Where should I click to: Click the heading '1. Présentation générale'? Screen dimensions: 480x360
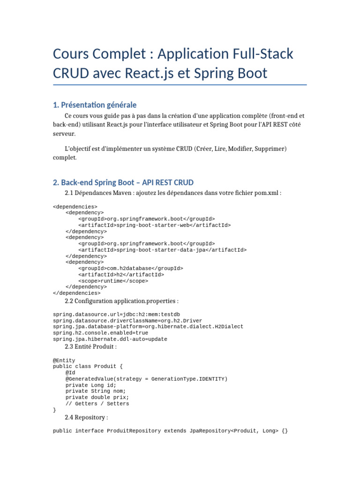pos(95,105)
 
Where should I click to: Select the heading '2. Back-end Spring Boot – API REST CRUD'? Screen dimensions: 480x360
pos(123,182)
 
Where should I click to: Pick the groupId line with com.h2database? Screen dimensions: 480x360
pos(131,268)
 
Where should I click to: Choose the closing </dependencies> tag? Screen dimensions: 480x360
pos(77,293)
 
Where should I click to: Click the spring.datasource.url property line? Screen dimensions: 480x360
pos(110,314)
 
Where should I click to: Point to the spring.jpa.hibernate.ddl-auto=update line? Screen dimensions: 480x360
pos(110,339)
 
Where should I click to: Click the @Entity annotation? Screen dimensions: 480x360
pos(64,360)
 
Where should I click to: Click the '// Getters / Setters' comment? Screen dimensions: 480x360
pos(97,404)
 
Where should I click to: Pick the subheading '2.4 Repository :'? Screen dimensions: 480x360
pos(87,417)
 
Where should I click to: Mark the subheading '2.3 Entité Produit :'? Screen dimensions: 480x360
pos(90,347)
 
